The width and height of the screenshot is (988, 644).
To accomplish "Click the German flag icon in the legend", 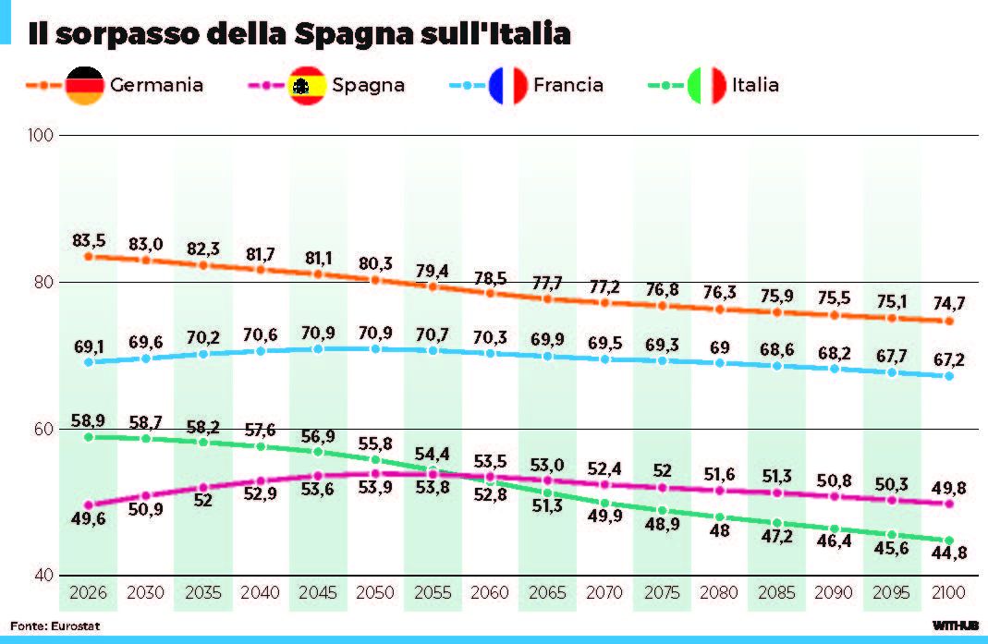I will [x=85, y=85].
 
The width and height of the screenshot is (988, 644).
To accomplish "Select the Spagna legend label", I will [x=368, y=85].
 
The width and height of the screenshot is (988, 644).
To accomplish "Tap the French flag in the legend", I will [x=508, y=85].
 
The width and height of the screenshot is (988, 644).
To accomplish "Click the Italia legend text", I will [x=755, y=85].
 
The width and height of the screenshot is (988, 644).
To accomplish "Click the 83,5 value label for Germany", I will [x=89, y=240].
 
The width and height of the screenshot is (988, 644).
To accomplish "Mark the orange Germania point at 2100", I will [x=948, y=321].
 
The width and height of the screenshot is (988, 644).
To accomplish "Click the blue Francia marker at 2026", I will [x=89, y=361].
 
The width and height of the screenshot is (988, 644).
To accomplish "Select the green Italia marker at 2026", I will [x=89, y=436].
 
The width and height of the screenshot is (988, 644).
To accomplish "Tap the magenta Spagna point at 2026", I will [x=89, y=504].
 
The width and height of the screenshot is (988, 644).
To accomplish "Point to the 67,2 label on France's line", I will [x=948, y=358].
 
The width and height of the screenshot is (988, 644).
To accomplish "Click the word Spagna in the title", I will [x=350, y=34].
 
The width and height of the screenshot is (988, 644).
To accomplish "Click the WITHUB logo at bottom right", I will [x=955, y=626].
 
